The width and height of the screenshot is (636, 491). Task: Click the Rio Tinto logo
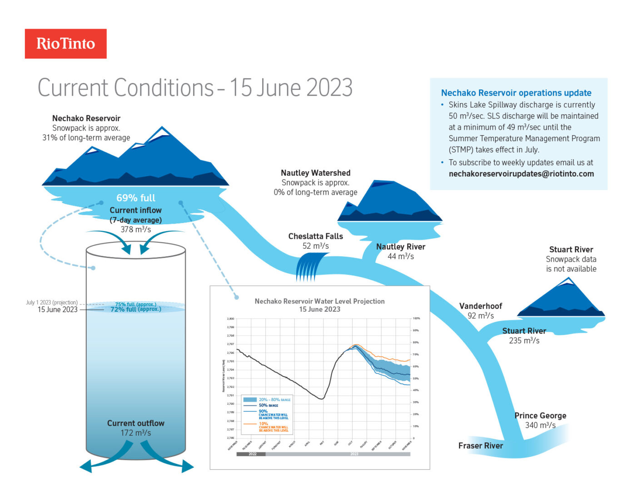point(65,44)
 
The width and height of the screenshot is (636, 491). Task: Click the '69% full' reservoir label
point(135,198)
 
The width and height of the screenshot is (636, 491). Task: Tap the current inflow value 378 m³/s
point(135,230)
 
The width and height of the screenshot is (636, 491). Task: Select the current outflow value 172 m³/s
point(135,433)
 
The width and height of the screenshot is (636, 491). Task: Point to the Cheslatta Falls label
point(315,236)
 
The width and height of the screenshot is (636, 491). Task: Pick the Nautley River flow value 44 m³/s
point(400,256)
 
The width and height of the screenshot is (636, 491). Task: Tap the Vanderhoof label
point(480,306)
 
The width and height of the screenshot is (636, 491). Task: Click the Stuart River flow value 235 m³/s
point(524,341)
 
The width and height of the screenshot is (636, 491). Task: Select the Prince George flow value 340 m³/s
point(540,425)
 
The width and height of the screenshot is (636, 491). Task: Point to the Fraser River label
point(480,446)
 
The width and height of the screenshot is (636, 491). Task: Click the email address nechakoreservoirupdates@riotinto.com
point(521,174)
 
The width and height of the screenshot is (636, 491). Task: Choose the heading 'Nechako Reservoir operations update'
point(516,93)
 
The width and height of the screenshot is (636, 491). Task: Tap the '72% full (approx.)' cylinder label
point(135,309)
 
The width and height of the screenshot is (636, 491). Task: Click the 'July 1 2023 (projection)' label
point(51,302)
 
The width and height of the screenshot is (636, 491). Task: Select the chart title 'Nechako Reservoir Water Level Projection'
point(319,301)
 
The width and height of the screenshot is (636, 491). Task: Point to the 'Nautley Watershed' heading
point(315,173)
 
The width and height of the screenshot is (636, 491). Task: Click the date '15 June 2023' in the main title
point(291,88)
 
